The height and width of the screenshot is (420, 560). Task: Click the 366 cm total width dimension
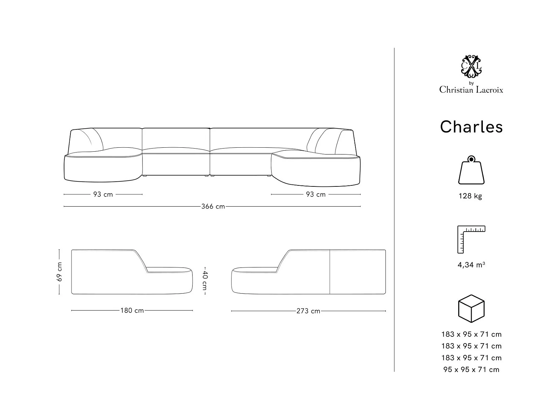[x=213, y=206]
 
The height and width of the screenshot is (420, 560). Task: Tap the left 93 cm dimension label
[x=103, y=194]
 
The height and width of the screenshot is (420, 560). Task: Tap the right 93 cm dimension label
[x=316, y=194]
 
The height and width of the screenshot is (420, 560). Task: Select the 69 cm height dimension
[x=59, y=272]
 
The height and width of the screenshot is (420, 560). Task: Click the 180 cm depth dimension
[x=132, y=310]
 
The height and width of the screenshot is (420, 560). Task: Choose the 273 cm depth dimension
[x=308, y=311]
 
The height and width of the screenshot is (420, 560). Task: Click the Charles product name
[x=471, y=127]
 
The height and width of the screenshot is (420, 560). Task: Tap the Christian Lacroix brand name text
[x=471, y=90]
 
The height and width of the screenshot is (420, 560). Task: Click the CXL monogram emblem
[x=471, y=66]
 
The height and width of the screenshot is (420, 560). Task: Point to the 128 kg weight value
[x=470, y=196]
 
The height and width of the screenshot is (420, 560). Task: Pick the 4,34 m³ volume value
[x=471, y=265]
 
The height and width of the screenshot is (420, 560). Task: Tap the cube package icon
[x=471, y=308]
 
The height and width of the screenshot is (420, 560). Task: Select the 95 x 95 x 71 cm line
[x=471, y=369]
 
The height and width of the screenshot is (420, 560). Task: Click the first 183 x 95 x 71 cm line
[x=471, y=334]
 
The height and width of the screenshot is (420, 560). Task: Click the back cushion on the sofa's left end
[x=87, y=140]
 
